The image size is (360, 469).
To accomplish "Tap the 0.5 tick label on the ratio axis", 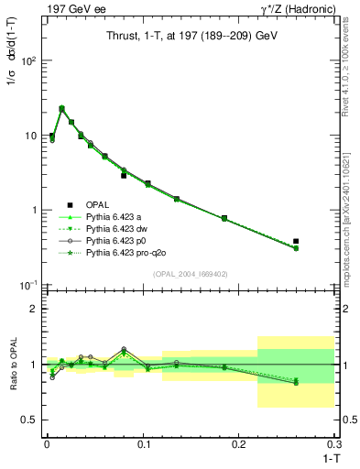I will click(28, 420).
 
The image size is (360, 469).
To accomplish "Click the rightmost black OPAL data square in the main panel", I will click(296, 242).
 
